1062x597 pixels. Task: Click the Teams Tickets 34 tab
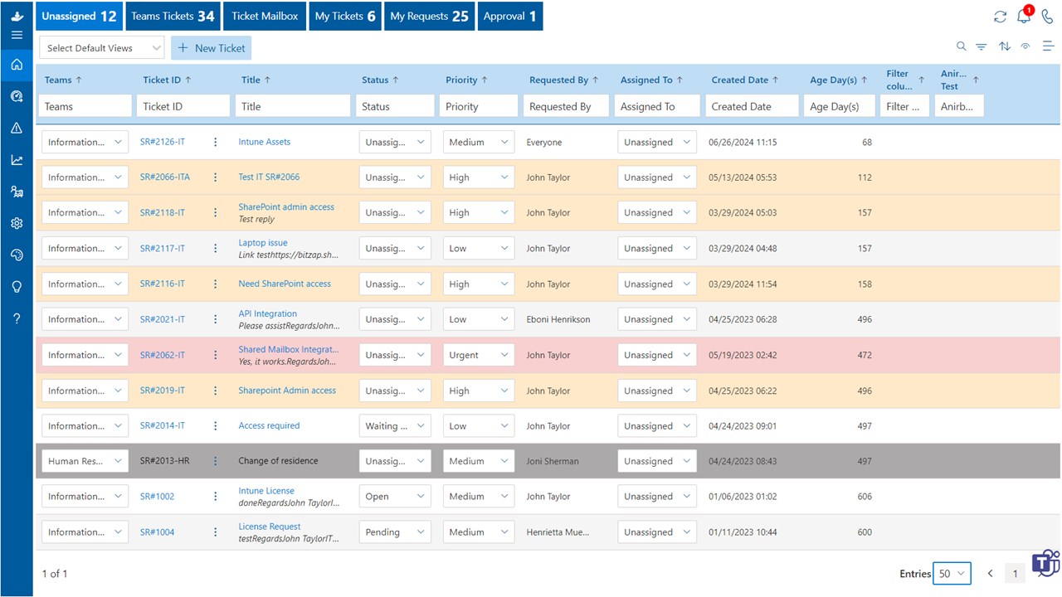[173, 17]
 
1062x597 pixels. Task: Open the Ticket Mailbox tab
[265, 17]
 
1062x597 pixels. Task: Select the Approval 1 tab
[509, 17]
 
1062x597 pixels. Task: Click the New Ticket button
[211, 48]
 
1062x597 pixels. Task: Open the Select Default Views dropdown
[102, 48]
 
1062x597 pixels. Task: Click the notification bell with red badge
[1024, 17]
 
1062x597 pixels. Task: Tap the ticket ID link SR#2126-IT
[163, 142]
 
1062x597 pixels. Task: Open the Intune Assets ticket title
[264, 142]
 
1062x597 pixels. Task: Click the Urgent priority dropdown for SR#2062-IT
[479, 355]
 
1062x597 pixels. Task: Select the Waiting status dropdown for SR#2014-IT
[395, 426]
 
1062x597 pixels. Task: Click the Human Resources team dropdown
[85, 461]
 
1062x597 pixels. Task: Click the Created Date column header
[739, 80]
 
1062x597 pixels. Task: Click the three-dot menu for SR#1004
[216, 532]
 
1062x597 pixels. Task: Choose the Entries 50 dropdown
[951, 574]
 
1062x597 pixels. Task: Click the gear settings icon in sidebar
[17, 224]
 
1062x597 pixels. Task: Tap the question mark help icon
[17, 318]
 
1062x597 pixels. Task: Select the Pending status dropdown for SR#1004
[395, 532]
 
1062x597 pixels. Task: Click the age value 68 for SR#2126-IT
[866, 143]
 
